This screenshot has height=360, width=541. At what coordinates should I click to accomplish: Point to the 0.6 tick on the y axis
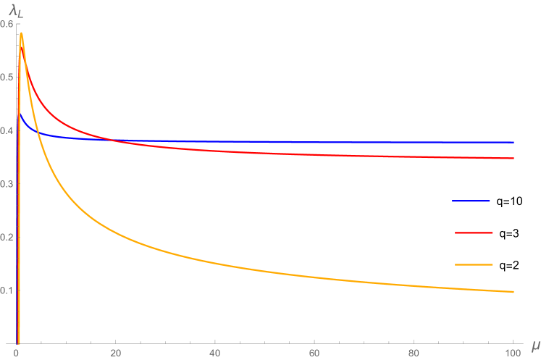tap(8, 24)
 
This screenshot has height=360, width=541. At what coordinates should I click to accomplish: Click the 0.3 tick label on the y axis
tap(8, 184)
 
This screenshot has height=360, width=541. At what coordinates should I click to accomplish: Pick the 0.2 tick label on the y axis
tap(8, 238)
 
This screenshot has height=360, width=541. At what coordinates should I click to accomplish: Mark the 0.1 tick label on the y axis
tap(8, 290)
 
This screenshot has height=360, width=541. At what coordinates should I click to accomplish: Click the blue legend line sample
tap(471, 201)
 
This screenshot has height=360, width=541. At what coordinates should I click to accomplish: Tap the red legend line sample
tap(474, 233)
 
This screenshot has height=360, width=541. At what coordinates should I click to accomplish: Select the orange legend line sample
tap(474, 265)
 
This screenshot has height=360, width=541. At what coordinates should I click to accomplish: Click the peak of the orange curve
tap(22, 33)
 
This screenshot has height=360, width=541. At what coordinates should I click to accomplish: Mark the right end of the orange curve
tap(513, 292)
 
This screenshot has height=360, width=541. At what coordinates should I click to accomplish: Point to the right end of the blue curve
tap(513, 142)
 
